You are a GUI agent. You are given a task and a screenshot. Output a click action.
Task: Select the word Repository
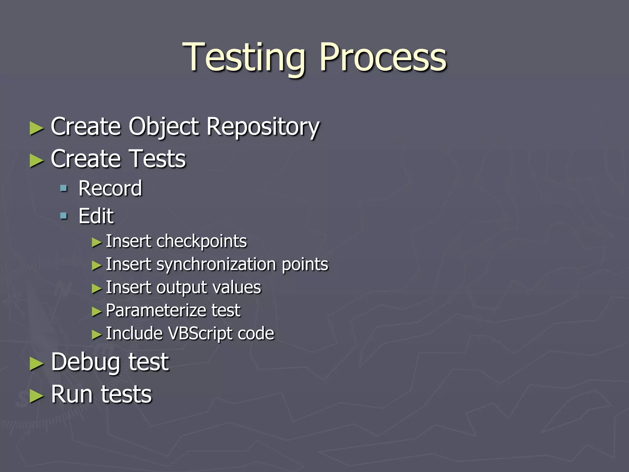pos(263,127)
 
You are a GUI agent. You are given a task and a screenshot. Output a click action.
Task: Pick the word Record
pos(110,188)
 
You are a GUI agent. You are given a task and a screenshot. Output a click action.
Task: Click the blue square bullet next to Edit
pos(64,216)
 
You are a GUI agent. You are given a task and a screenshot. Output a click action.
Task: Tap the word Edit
pos(96,216)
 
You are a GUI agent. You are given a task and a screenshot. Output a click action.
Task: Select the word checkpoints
pos(201,241)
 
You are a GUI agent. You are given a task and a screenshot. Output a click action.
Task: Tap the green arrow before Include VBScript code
pos(96,334)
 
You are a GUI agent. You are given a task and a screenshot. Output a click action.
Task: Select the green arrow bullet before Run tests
pos(37,396)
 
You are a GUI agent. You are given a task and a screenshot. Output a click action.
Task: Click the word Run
pos(72,394)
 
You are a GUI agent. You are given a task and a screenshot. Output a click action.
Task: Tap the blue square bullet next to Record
pos(64,188)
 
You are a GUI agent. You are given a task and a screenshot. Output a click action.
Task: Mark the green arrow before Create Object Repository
pos(37,128)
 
